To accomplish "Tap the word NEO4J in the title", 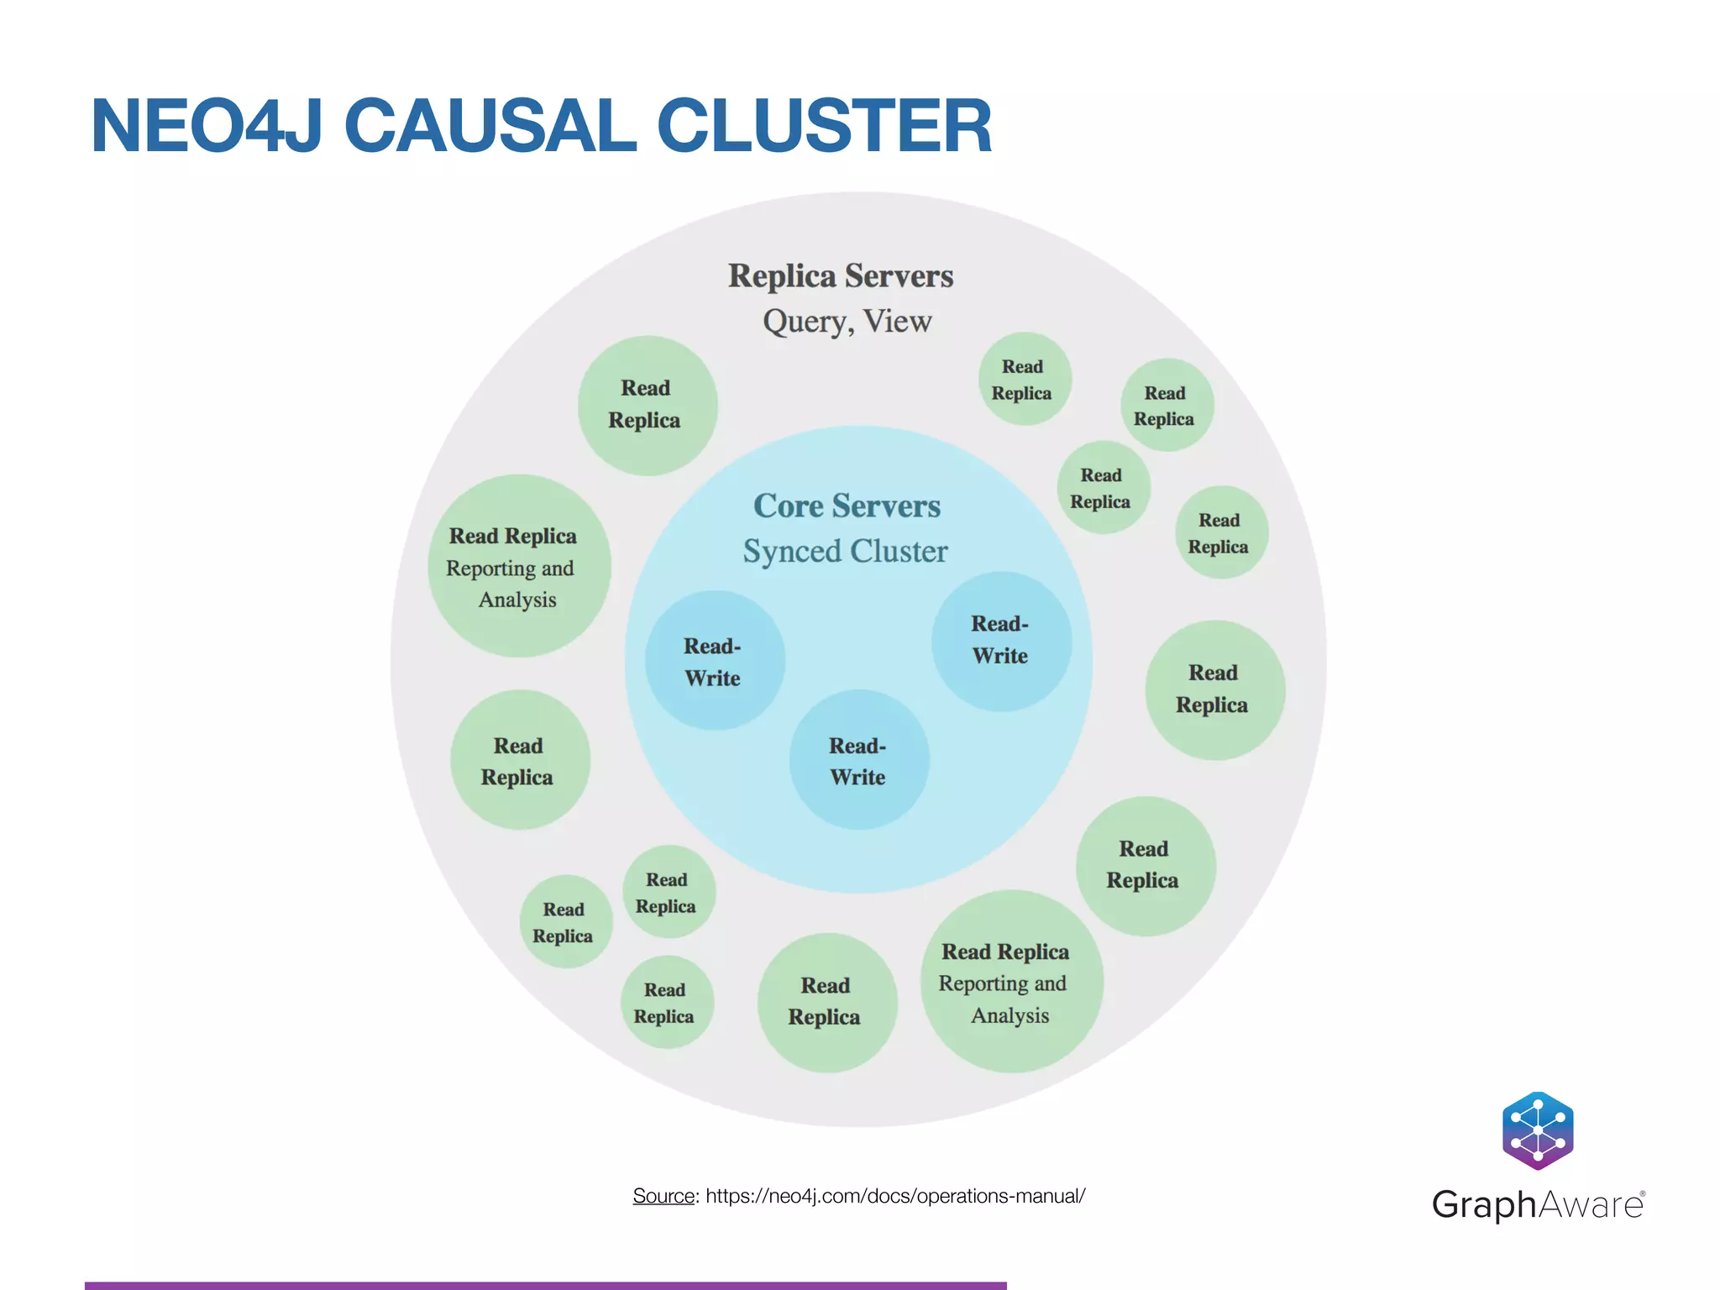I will click(x=207, y=126).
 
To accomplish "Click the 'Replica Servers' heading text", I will click(x=840, y=276).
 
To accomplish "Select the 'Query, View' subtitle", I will click(x=847, y=322).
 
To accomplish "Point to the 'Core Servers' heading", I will click(x=847, y=506).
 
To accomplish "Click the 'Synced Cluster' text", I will click(x=845, y=552).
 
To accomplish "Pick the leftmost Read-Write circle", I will click(x=715, y=661).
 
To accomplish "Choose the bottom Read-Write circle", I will click(x=858, y=760).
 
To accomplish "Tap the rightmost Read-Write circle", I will click(x=1001, y=642).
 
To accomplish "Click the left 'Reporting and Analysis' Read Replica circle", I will click(x=518, y=566).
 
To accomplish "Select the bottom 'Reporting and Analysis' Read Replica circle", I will click(x=1011, y=982).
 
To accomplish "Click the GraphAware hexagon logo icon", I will click(x=1538, y=1130).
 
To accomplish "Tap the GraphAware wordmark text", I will click(x=1538, y=1205).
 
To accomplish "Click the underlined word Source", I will click(x=663, y=1196).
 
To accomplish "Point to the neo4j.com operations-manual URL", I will click(x=895, y=1196).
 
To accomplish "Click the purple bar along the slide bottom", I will click(x=546, y=1285).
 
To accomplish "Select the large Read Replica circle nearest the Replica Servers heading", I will click(x=648, y=406).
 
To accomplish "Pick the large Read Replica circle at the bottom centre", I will click(x=826, y=1002).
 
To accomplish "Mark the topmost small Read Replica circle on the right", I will click(x=1025, y=380).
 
